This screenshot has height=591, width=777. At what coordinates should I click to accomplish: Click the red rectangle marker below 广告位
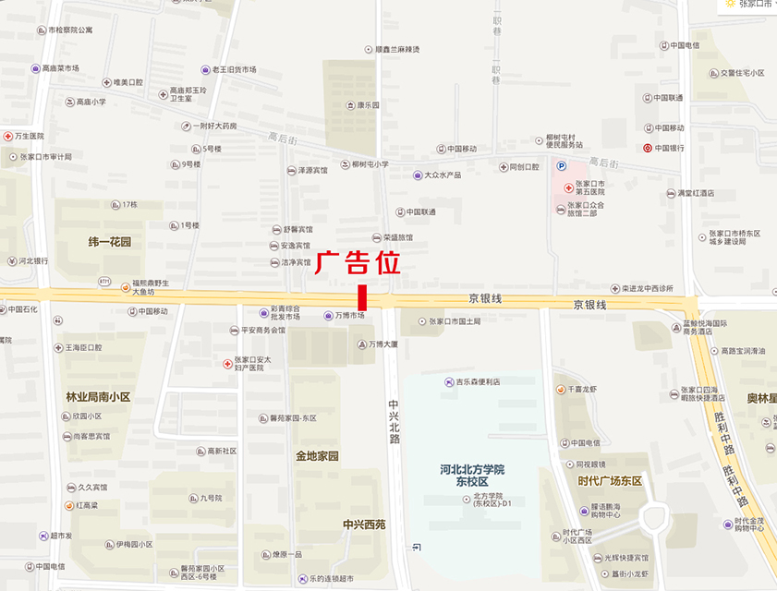pyautogui.click(x=362, y=297)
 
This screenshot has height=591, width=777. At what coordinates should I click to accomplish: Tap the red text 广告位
pyautogui.click(x=358, y=263)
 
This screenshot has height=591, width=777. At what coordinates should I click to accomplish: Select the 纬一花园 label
pyautogui.click(x=110, y=242)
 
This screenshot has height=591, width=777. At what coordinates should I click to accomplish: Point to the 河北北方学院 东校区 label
pyautogui.click(x=472, y=476)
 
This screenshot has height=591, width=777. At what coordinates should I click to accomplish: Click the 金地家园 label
pyautogui.click(x=317, y=456)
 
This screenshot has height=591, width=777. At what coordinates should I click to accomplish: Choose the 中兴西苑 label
pyautogui.click(x=364, y=525)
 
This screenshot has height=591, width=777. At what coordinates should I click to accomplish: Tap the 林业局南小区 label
pyautogui.click(x=98, y=397)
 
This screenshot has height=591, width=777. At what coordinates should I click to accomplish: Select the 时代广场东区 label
pyautogui.click(x=610, y=481)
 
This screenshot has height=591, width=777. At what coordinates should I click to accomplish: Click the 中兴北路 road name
pyautogui.click(x=394, y=421)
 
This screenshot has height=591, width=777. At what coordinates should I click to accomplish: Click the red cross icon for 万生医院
pyautogui.click(x=7, y=136)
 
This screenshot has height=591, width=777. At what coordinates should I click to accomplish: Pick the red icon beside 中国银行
pyautogui.click(x=648, y=148)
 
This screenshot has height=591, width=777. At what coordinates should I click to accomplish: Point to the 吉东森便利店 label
pyautogui.click(x=478, y=381)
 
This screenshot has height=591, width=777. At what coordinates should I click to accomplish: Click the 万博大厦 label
pyautogui.click(x=382, y=344)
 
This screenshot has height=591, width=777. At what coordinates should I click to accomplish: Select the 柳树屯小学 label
pyautogui.click(x=370, y=164)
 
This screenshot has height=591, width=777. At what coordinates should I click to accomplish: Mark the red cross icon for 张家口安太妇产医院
pyautogui.click(x=227, y=364)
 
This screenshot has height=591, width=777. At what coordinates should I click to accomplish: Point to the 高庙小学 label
pyautogui.click(x=91, y=102)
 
